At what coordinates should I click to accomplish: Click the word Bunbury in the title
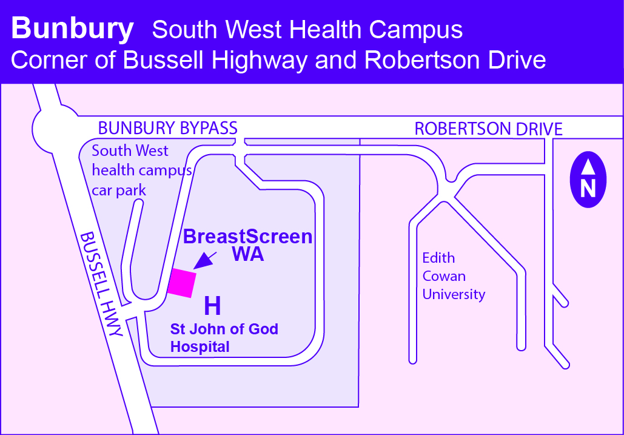click(72, 29)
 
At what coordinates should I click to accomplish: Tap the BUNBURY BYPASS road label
click(168, 128)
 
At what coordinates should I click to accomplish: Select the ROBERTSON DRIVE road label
click(488, 129)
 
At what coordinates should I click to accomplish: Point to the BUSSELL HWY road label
click(102, 284)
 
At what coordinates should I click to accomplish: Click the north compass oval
click(588, 180)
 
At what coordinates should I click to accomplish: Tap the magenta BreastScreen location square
click(182, 283)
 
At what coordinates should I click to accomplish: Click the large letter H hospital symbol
click(212, 306)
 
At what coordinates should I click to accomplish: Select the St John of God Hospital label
click(224, 338)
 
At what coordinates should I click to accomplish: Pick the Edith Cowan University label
click(454, 276)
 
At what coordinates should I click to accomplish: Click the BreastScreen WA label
click(248, 245)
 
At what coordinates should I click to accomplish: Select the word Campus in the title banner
click(416, 29)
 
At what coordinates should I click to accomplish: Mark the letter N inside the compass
click(588, 189)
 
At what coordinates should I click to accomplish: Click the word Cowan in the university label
click(444, 276)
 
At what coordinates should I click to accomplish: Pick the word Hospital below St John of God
click(200, 347)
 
